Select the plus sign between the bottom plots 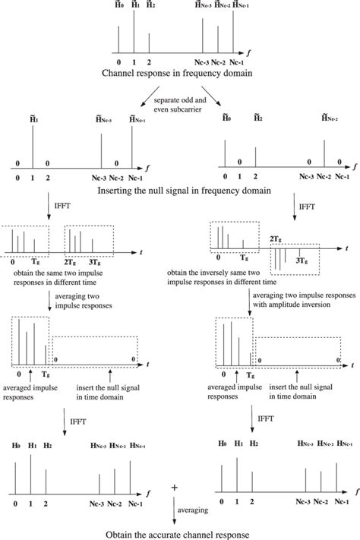(175, 487)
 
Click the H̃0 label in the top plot (119, 5)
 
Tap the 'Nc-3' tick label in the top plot (202, 61)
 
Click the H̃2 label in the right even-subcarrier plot (258, 118)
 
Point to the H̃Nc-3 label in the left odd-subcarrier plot (101, 118)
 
